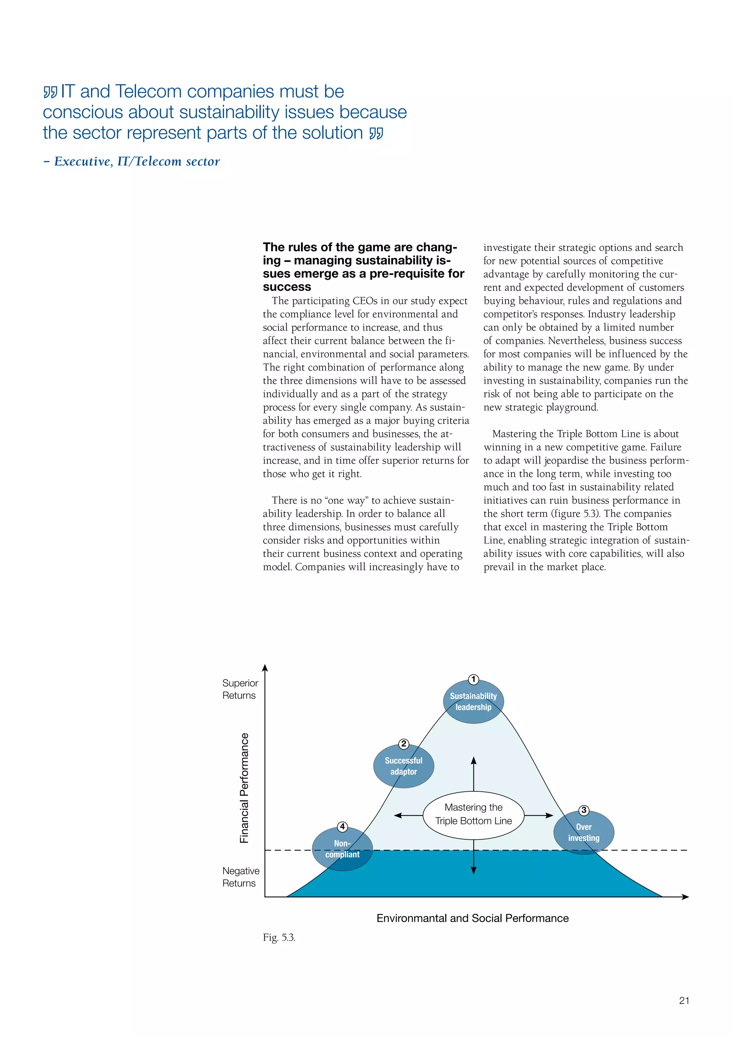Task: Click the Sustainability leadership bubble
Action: (x=473, y=702)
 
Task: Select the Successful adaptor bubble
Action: (x=403, y=766)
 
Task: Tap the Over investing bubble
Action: (x=584, y=833)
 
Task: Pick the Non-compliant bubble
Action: (x=342, y=849)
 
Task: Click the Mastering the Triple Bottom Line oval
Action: (x=474, y=814)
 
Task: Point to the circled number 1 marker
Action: (x=473, y=680)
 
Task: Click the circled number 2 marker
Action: (x=403, y=744)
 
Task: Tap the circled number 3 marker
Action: (x=584, y=810)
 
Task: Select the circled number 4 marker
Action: (x=342, y=826)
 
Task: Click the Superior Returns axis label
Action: (x=240, y=689)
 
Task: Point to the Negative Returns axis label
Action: (x=241, y=877)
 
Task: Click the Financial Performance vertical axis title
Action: (x=244, y=788)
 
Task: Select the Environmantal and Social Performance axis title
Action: (x=472, y=918)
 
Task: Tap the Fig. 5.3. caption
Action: (x=279, y=938)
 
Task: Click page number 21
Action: (x=684, y=1000)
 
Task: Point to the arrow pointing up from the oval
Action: (x=474, y=773)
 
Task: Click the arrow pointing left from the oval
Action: (x=408, y=815)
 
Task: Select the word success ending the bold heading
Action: (x=287, y=287)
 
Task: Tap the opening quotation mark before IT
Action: (x=50, y=92)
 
